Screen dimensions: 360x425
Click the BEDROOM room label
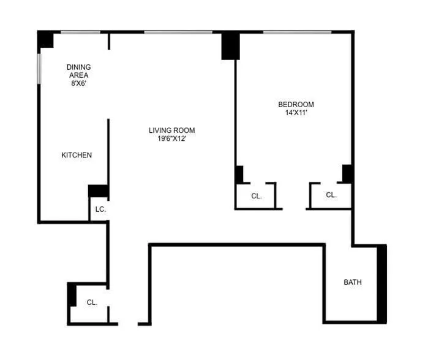[x=296, y=104]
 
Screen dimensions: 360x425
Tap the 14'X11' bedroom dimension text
[x=296, y=113]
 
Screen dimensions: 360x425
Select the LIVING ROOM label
[x=171, y=130]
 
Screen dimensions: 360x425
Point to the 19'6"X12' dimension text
[x=171, y=138]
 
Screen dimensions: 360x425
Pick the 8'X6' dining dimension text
[x=78, y=83]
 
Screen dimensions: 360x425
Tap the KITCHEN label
[x=77, y=155]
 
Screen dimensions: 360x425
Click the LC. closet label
[x=100, y=209]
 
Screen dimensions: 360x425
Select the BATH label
[x=352, y=282]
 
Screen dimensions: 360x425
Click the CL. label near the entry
[x=92, y=302]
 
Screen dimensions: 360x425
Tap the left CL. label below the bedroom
[x=257, y=196]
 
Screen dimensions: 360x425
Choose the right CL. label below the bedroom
[x=331, y=195]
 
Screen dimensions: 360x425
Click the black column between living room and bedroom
[x=230, y=45]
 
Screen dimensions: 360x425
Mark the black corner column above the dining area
[x=45, y=39]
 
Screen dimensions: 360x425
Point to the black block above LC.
[x=99, y=190]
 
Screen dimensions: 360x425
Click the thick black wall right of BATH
[x=382, y=283]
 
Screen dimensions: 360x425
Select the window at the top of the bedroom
[x=297, y=31]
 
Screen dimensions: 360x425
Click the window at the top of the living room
[x=178, y=31]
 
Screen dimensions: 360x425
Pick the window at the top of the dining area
[x=80, y=31]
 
